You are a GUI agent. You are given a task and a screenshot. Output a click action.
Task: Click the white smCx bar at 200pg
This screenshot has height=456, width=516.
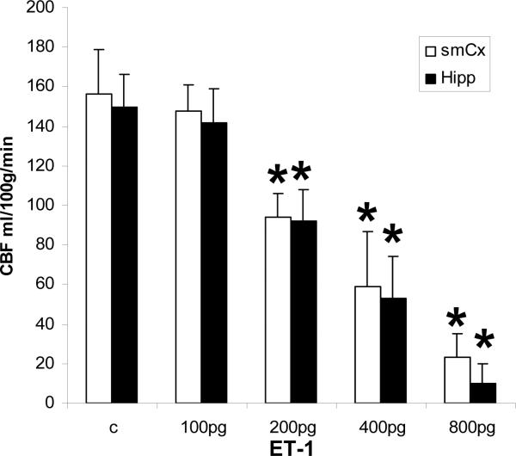click(x=278, y=310)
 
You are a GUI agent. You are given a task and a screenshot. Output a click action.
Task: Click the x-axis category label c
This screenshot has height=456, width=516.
click(x=112, y=426)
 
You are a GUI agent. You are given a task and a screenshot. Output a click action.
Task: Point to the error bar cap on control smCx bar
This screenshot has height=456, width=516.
click(x=99, y=50)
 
